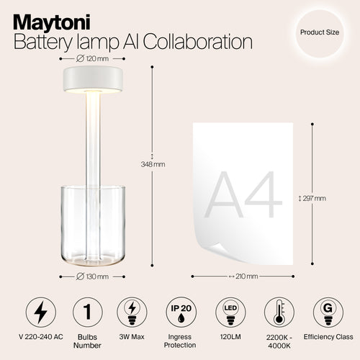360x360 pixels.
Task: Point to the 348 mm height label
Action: [x=153, y=164]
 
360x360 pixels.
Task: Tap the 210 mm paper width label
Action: [x=243, y=276]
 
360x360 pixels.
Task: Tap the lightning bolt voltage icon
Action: [x=40, y=314]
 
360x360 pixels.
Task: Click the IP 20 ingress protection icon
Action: [x=180, y=314]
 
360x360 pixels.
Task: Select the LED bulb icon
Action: [x=231, y=314]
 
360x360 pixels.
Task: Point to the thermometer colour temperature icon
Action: [x=279, y=314]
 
